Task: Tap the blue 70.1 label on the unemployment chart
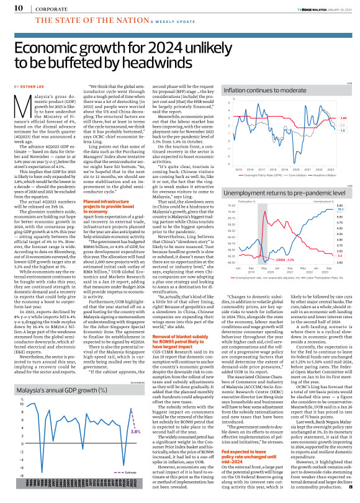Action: [341, 210]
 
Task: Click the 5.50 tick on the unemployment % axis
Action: [341, 204]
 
